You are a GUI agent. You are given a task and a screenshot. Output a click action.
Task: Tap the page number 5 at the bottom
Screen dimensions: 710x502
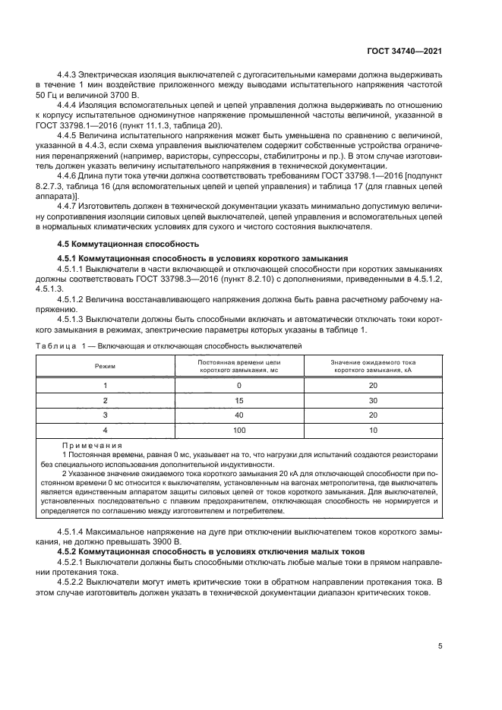440,646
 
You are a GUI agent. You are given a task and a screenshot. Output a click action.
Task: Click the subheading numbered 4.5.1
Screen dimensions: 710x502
203,258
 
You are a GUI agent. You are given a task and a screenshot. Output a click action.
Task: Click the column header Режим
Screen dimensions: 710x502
106,367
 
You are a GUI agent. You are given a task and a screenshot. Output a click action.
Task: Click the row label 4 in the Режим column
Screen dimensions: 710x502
106,429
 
